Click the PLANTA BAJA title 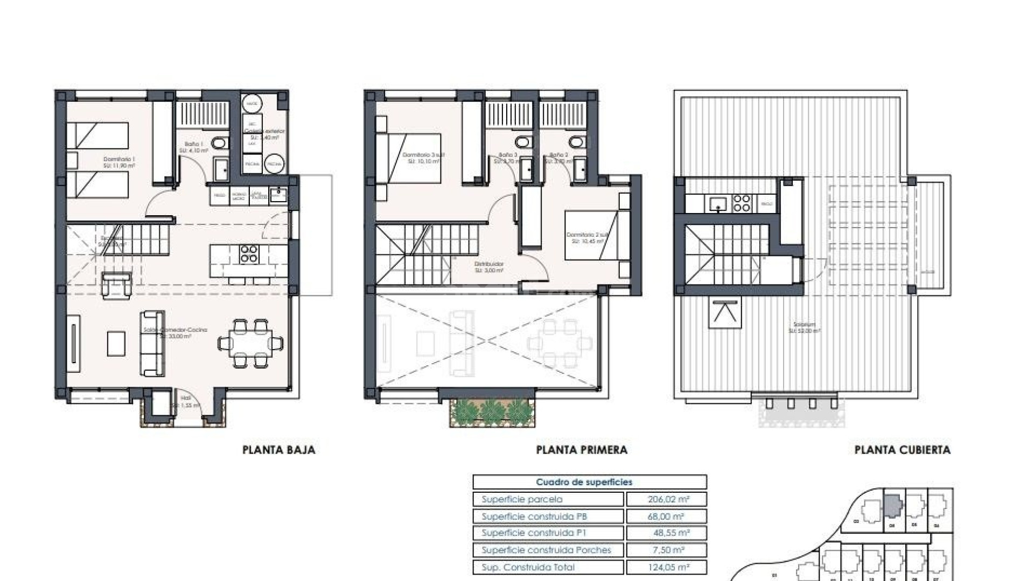point(278,450)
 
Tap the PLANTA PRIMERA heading point(582,450)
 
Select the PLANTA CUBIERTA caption point(902,450)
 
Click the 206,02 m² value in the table point(667,499)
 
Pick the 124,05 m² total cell point(667,567)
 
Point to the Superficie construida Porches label point(546,550)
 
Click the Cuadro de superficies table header point(589,483)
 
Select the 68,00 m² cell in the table point(667,516)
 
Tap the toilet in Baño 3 point(521,143)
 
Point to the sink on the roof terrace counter point(718,203)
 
